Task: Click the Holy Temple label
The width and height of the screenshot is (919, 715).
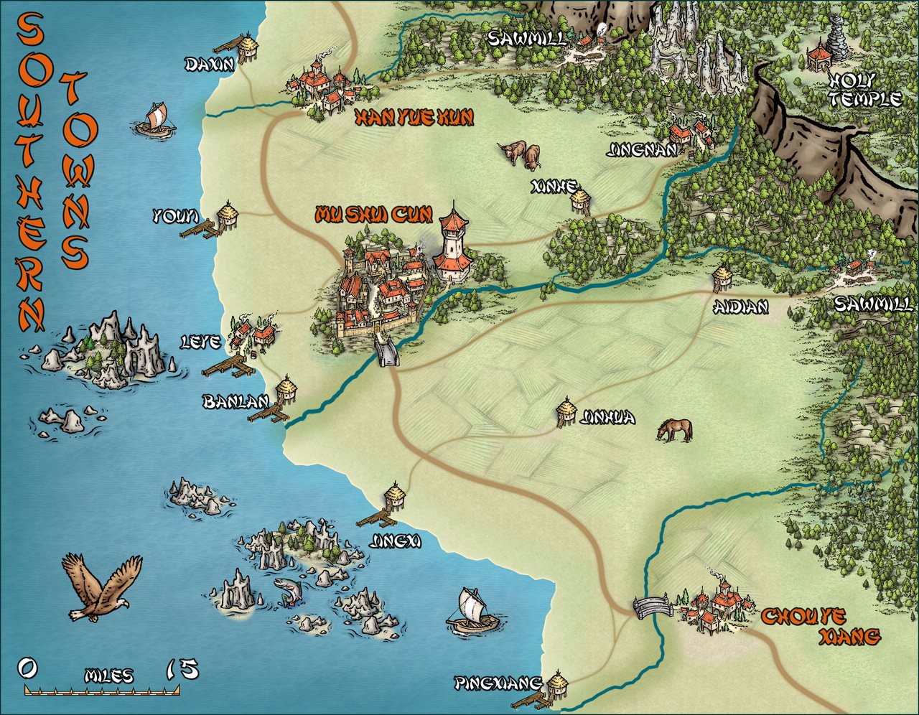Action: pos(864,89)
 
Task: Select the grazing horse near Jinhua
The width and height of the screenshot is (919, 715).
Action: pos(675,429)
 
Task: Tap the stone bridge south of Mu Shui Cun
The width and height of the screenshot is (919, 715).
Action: pos(386,353)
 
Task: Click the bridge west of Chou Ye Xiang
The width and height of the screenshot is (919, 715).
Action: pos(652,607)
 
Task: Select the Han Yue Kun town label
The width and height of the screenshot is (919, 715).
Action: pos(414,118)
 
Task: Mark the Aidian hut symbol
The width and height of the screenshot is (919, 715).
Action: pos(722,278)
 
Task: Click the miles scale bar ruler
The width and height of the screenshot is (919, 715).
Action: pos(101,691)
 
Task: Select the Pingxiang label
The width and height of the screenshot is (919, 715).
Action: pos(498,683)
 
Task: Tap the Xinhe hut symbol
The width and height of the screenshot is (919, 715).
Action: pos(580,200)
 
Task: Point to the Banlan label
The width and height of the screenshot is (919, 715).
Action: pos(235,402)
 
